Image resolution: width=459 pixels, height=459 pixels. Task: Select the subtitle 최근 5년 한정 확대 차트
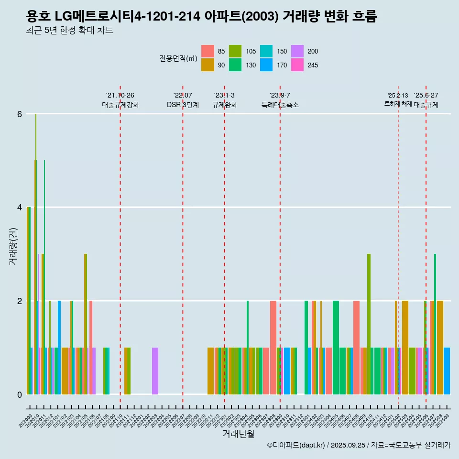(x=70, y=31)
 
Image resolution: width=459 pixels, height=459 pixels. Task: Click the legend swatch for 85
(x=208, y=51)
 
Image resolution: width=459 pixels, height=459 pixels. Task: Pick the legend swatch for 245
(x=297, y=65)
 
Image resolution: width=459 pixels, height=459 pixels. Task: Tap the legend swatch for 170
(x=267, y=65)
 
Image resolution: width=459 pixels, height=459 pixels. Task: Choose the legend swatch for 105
(x=235, y=51)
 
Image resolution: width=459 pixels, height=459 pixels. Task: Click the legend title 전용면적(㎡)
(x=178, y=58)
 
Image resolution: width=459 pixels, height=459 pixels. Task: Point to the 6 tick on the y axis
(x=20, y=114)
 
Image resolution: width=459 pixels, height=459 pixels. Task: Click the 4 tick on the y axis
(x=20, y=208)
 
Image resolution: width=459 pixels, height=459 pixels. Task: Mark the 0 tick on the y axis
(x=20, y=394)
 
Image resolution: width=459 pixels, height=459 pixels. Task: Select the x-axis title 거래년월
(x=238, y=434)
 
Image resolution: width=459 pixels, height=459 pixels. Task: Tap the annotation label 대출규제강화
(x=120, y=105)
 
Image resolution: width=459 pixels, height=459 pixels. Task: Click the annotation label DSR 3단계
(x=183, y=105)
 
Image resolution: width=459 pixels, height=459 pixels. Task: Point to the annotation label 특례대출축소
(x=280, y=105)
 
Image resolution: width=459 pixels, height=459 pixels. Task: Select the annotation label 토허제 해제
(x=398, y=104)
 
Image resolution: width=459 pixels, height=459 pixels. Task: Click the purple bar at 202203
(x=155, y=371)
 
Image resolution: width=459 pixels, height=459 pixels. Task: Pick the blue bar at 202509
(x=447, y=371)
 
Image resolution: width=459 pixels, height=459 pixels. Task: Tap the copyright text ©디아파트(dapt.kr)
(x=296, y=446)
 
